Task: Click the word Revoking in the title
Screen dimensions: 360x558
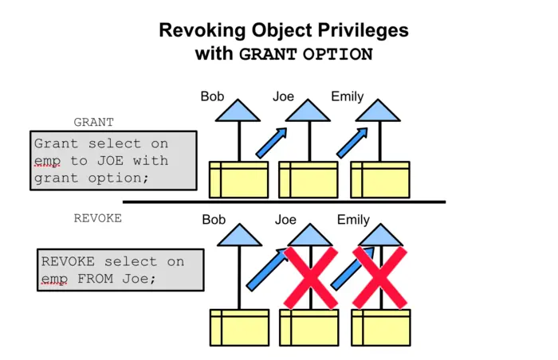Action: click(x=198, y=30)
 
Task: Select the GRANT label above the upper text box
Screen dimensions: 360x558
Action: click(x=93, y=123)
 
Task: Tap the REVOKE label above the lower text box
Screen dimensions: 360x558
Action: click(x=97, y=218)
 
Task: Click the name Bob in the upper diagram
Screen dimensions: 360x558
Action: click(x=212, y=97)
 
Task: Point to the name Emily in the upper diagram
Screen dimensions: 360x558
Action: click(x=347, y=97)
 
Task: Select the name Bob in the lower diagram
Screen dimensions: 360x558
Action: click(x=214, y=219)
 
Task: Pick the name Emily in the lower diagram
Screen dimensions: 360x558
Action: click(x=353, y=219)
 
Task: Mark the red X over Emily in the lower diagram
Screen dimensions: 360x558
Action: click(x=379, y=276)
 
